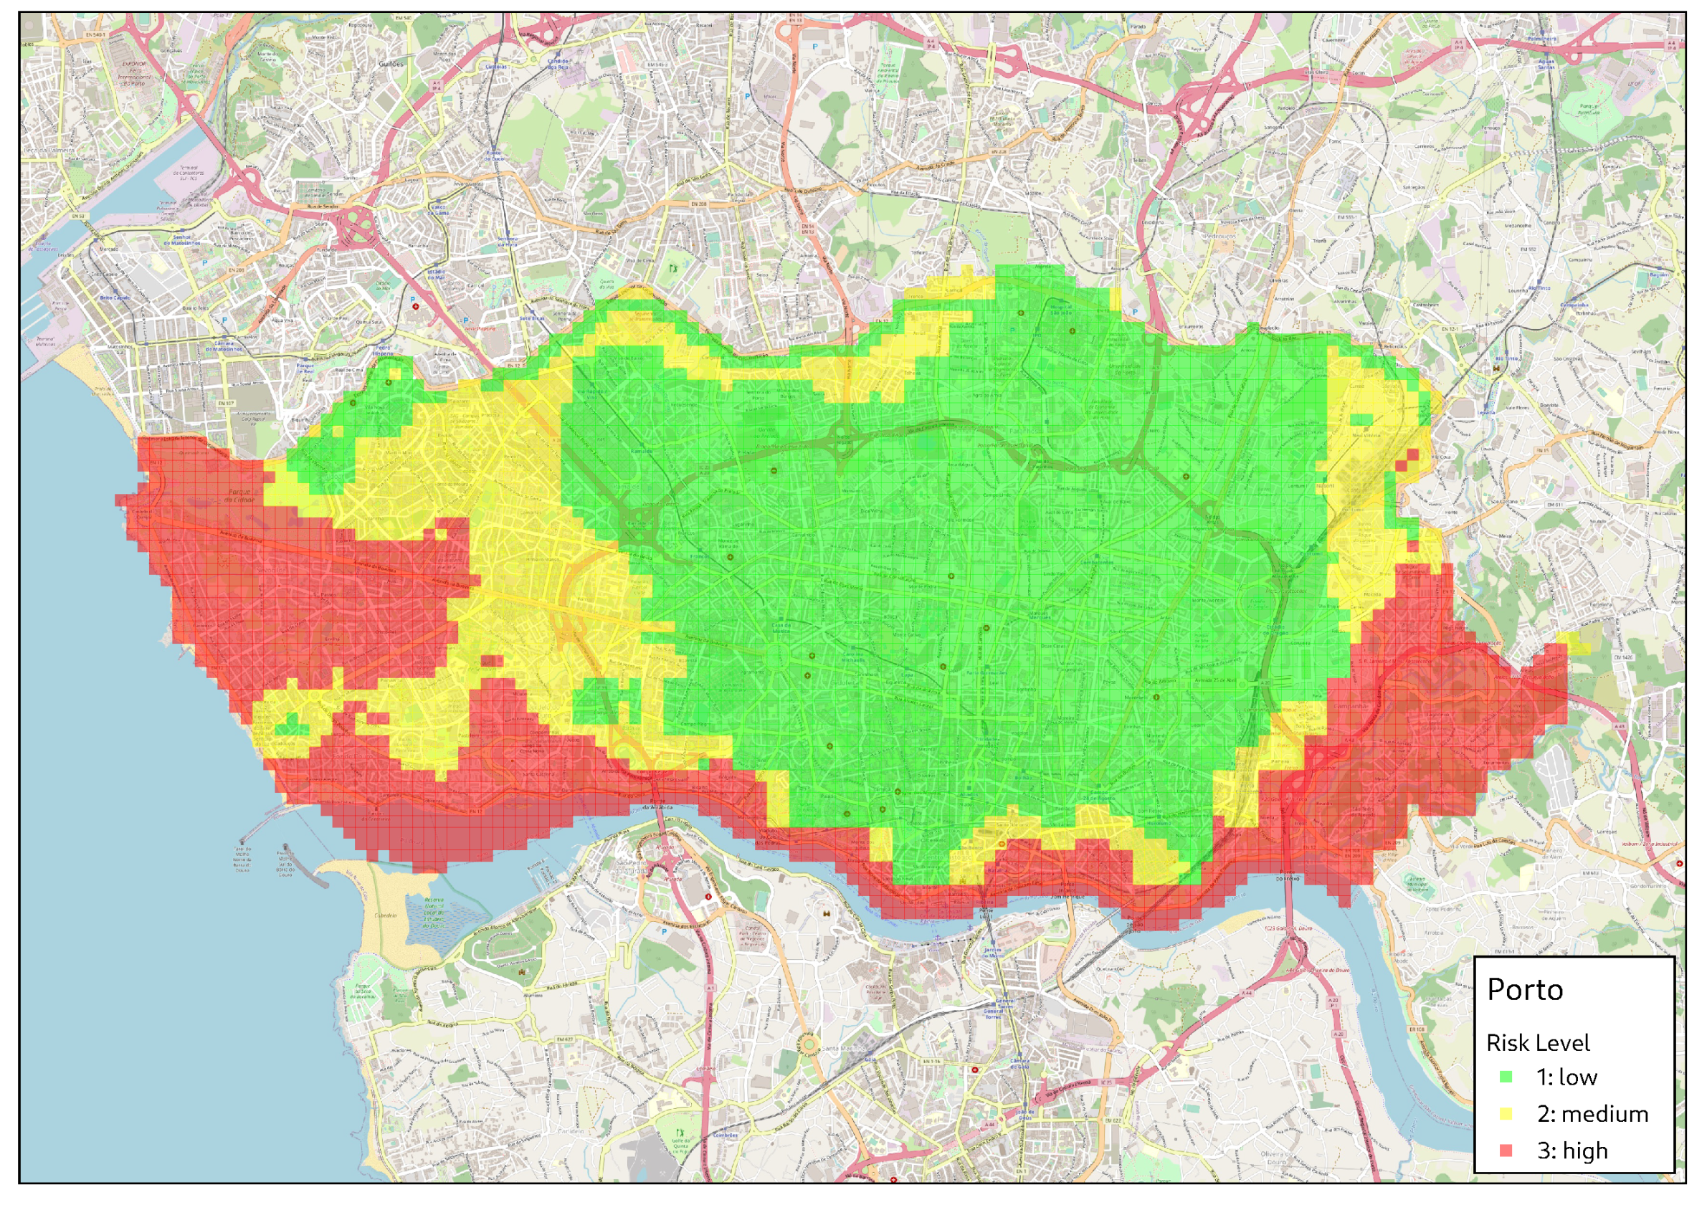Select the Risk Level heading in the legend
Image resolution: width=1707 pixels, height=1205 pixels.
pyautogui.click(x=1538, y=1044)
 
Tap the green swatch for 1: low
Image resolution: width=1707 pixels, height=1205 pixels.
pyautogui.click(x=1506, y=1077)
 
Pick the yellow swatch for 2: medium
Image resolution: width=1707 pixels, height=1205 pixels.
pyautogui.click(x=1506, y=1113)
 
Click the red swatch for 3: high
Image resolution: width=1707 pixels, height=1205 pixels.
pyautogui.click(x=1506, y=1151)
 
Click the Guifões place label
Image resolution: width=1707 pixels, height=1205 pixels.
pyautogui.click(x=391, y=64)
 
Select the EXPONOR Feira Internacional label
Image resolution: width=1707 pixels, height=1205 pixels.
pyautogui.click(x=135, y=74)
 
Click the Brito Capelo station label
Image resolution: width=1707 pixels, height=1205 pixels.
pyautogui.click(x=115, y=298)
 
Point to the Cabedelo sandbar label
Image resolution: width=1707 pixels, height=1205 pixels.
pyautogui.click(x=386, y=916)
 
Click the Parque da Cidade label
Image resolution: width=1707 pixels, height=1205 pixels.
pyautogui.click(x=239, y=496)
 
